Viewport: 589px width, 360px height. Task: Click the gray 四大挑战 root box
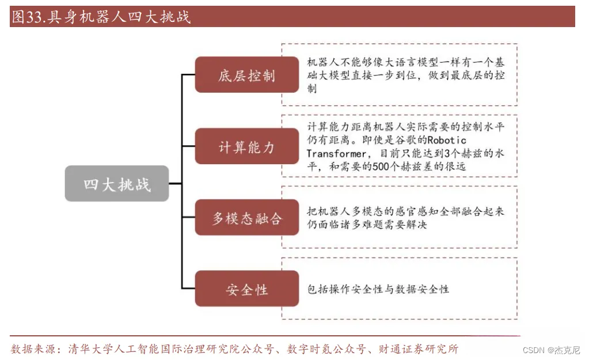click(117, 184)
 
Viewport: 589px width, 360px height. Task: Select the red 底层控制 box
click(247, 75)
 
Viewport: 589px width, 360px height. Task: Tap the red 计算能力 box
click(247, 147)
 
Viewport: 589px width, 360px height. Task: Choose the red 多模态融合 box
click(247, 218)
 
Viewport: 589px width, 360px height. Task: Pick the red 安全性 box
click(247, 289)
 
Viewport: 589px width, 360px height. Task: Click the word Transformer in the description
click(336, 154)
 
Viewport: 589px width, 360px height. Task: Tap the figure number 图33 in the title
click(28, 17)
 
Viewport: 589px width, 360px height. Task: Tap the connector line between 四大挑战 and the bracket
click(175, 184)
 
